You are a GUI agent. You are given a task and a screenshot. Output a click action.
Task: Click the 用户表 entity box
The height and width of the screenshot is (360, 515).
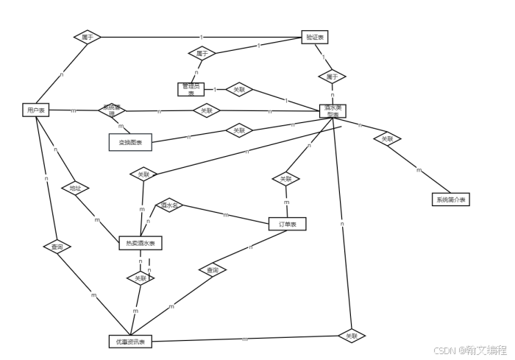(35, 110)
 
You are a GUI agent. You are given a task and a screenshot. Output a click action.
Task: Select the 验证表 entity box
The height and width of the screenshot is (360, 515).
(316, 37)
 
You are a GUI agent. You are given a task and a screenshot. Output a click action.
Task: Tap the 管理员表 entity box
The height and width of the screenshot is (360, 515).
(191, 89)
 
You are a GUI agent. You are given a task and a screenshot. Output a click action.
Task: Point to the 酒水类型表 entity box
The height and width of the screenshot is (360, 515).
(333, 110)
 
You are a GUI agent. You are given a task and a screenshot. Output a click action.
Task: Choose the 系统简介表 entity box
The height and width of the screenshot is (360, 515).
(450, 199)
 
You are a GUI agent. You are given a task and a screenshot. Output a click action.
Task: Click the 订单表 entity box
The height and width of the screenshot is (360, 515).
(287, 224)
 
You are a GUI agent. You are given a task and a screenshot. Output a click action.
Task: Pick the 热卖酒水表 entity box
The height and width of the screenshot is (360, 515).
(141, 243)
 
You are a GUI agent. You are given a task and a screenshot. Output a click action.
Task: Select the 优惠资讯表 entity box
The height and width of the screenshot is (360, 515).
(130, 342)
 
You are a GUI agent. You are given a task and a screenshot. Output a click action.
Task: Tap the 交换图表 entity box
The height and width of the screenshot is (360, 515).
(130, 141)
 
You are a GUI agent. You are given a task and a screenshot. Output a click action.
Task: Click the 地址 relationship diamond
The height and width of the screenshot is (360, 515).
(75, 188)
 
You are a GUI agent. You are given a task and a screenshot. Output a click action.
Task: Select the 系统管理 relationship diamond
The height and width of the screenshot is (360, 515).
(112, 110)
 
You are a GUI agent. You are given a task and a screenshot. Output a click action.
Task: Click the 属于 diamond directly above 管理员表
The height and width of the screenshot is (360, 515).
(201, 54)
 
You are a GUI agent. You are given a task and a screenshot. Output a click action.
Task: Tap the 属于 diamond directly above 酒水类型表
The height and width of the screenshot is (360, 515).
(332, 76)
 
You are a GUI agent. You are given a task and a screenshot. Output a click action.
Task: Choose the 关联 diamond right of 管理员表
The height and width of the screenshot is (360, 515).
(239, 90)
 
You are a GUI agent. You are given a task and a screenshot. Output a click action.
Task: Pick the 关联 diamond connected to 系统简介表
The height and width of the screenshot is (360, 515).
(387, 138)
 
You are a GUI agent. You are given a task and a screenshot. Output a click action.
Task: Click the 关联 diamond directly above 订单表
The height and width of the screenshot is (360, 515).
(285, 179)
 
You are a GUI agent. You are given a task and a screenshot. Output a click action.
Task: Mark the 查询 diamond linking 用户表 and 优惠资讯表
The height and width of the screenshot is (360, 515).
(57, 247)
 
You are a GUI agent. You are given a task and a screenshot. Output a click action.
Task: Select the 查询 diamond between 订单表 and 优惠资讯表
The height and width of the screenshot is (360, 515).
(212, 271)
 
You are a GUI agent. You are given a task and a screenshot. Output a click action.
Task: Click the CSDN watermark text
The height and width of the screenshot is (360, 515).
(469, 350)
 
